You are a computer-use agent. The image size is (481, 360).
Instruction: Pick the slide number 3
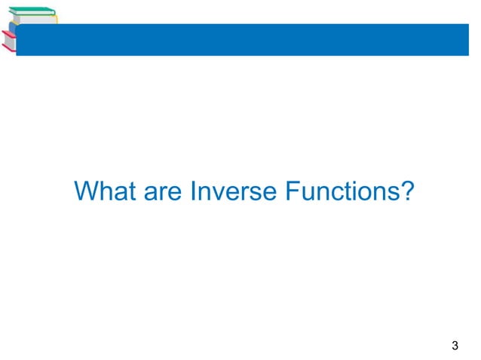454,346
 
